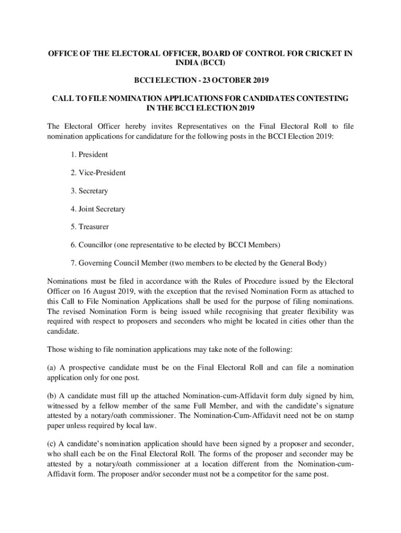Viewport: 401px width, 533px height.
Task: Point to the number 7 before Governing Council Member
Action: [x=73, y=263]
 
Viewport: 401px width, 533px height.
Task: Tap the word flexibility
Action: [x=314, y=311]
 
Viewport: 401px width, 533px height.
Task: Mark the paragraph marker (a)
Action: [x=52, y=367]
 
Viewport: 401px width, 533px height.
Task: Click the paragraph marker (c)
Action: [x=52, y=443]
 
